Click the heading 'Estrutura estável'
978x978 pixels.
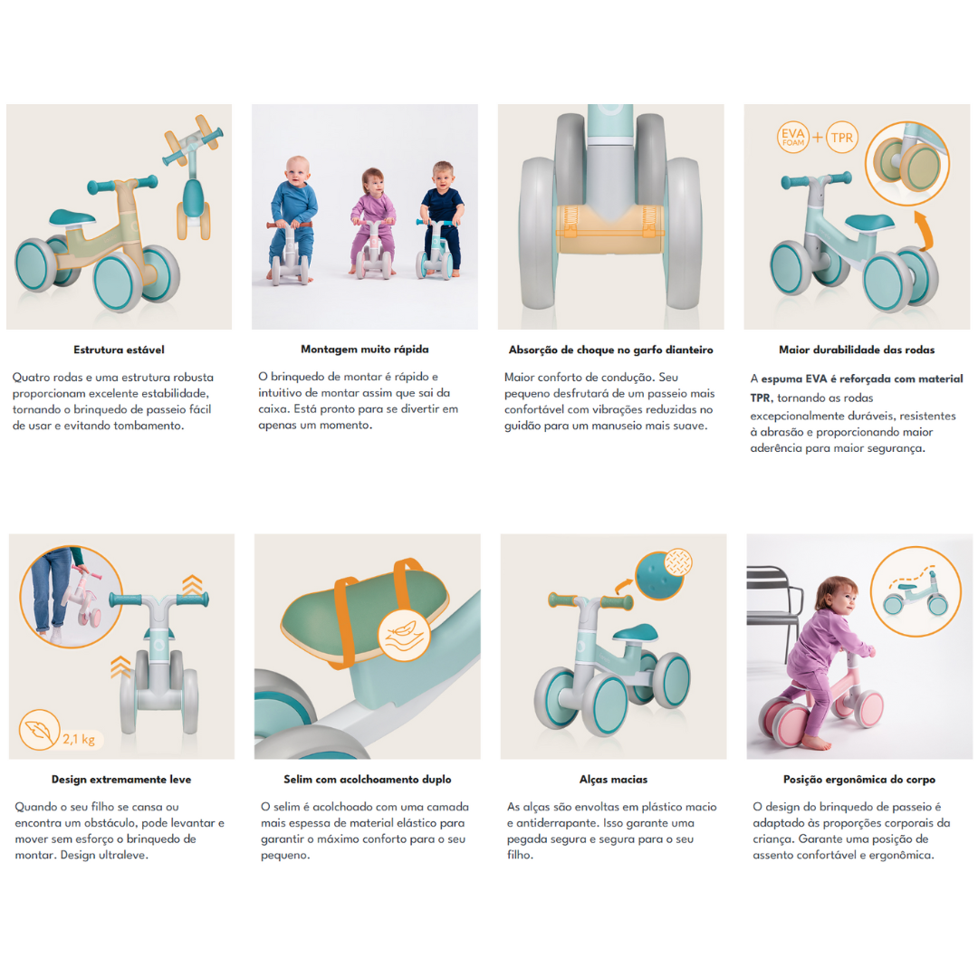coord(119,350)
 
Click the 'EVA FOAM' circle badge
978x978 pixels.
coord(792,138)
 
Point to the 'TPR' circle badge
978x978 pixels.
coord(842,138)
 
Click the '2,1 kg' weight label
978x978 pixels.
coord(79,739)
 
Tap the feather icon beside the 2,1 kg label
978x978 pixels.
coord(39,730)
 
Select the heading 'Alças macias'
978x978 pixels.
coord(613,779)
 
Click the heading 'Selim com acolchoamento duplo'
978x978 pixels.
coord(368,779)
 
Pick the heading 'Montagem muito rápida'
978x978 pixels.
coord(365,350)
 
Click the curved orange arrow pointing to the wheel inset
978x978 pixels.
coord(923,229)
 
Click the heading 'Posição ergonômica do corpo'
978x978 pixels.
coord(858,779)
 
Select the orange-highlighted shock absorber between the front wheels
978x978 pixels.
coord(609,229)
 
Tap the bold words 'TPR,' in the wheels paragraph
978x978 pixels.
coord(762,398)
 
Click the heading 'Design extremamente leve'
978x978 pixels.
coord(121,779)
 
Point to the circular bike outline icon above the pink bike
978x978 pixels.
coord(915,591)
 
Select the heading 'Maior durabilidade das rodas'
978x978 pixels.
coord(857,350)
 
